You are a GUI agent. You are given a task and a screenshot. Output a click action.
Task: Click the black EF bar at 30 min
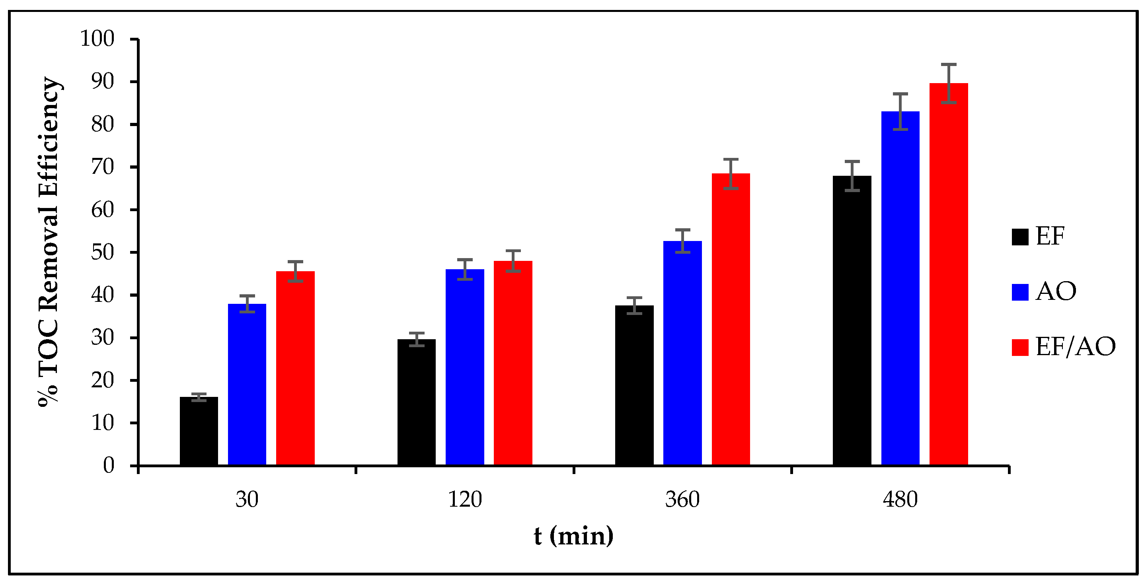pyautogui.click(x=199, y=431)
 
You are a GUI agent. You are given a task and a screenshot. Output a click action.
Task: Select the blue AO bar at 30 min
pyautogui.click(x=247, y=385)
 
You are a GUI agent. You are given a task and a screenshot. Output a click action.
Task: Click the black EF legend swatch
pyautogui.click(x=1019, y=237)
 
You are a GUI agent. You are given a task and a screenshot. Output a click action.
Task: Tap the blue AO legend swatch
pyautogui.click(x=1019, y=292)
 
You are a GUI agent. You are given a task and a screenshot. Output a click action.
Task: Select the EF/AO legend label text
pyautogui.click(x=1075, y=347)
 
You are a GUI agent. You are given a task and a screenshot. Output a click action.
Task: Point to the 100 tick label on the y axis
pyautogui.click(x=97, y=39)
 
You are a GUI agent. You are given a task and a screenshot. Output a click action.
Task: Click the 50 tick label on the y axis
pyautogui.click(x=103, y=253)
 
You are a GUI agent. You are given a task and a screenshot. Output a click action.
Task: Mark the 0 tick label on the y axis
pyautogui.click(x=109, y=466)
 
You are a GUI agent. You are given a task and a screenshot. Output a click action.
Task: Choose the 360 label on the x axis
pyautogui.click(x=682, y=500)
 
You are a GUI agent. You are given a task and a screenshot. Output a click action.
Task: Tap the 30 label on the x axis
pyautogui.click(x=247, y=500)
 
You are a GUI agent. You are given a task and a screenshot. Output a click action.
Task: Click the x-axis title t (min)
pyautogui.click(x=573, y=536)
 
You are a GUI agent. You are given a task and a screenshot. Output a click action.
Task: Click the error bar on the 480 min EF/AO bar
pyautogui.click(x=949, y=83)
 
